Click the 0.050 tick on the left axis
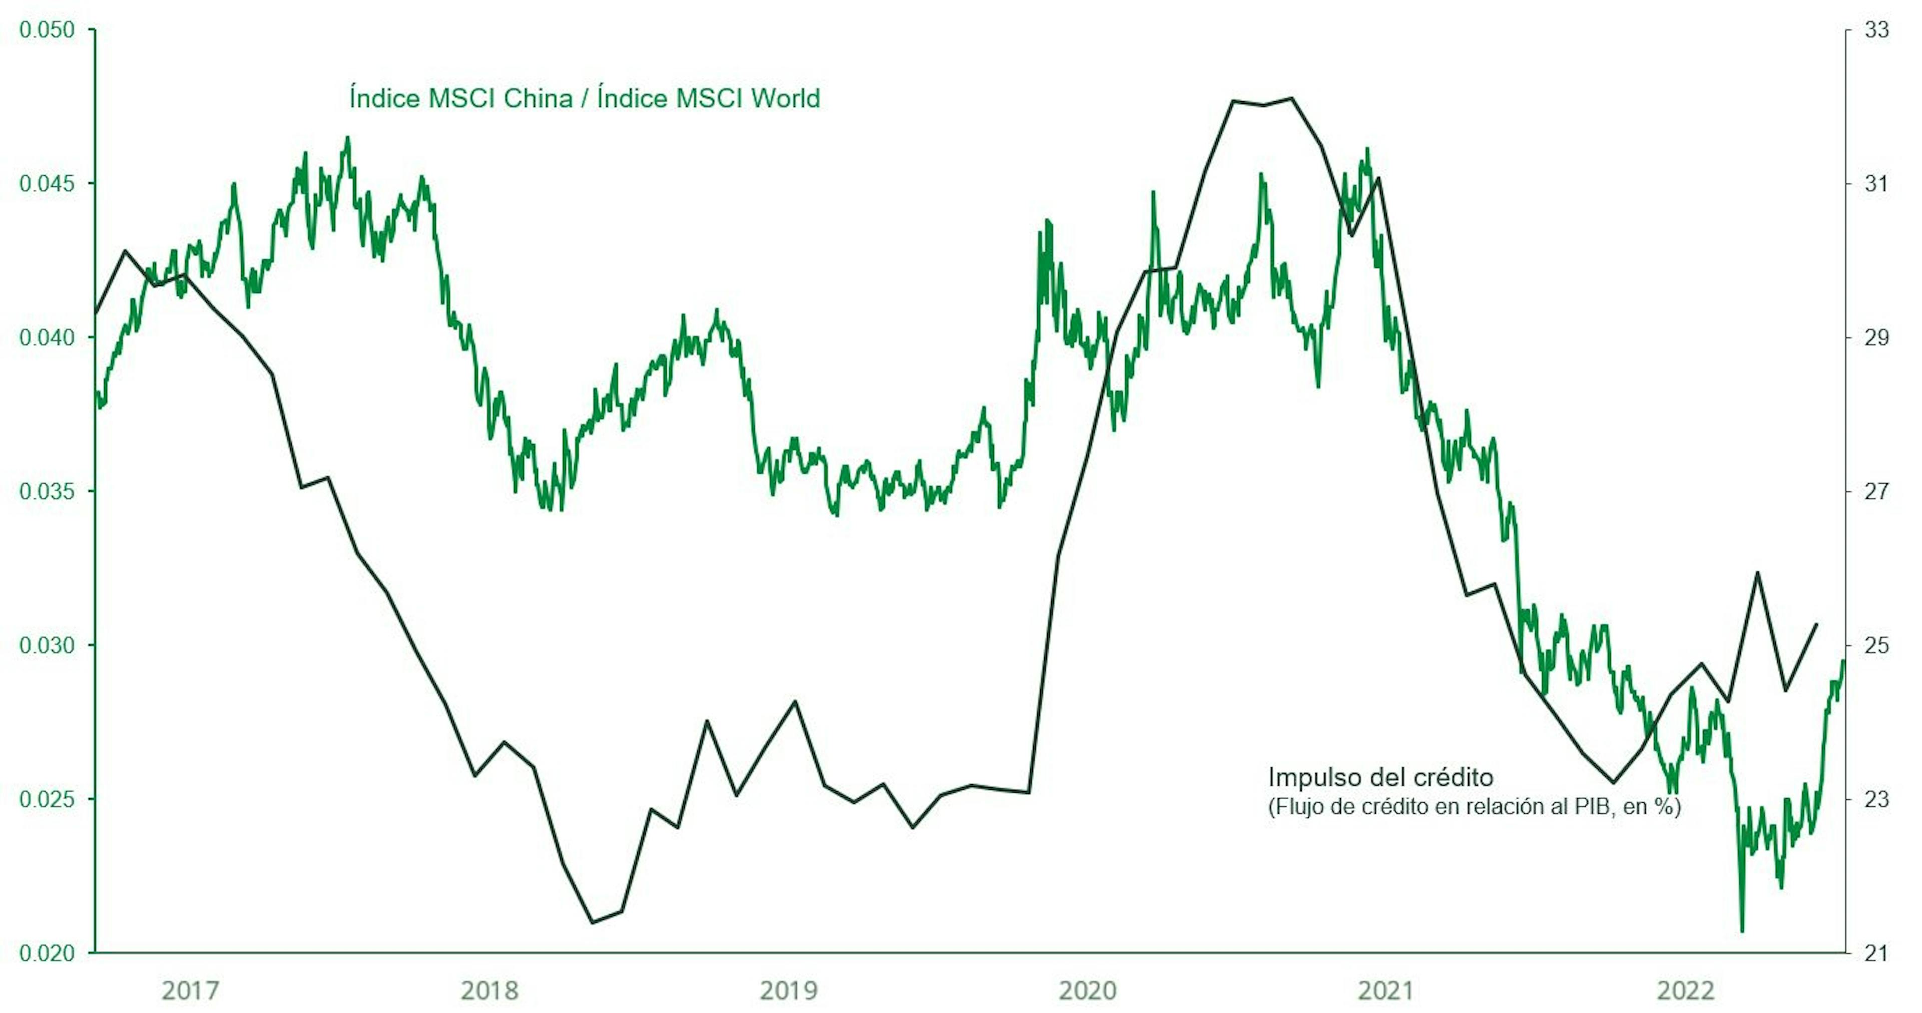47,30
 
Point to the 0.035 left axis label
47,491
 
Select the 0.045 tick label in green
47,184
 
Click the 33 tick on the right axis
1876,30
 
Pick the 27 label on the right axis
1876,491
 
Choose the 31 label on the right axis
1876,184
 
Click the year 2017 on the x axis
191,990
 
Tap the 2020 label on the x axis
1088,990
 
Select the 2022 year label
1685,990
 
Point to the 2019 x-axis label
789,990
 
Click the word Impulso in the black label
1315,778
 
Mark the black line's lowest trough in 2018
593,923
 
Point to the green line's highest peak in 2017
347,138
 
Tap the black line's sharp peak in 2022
1757,572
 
